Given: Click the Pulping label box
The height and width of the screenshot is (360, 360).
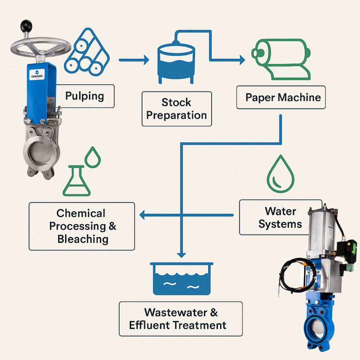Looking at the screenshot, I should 85,96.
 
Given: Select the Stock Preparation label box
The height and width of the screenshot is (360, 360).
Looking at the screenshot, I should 177,109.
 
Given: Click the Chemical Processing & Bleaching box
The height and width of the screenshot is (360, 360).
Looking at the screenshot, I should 82,226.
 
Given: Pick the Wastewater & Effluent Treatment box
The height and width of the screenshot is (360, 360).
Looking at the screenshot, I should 181,319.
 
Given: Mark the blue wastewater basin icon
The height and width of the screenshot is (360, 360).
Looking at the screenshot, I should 182,279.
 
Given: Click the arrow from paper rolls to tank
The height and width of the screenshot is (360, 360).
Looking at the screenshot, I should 134,60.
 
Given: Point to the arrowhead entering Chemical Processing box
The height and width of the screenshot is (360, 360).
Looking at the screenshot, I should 142,215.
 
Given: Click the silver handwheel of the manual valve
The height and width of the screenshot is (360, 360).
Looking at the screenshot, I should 40,47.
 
